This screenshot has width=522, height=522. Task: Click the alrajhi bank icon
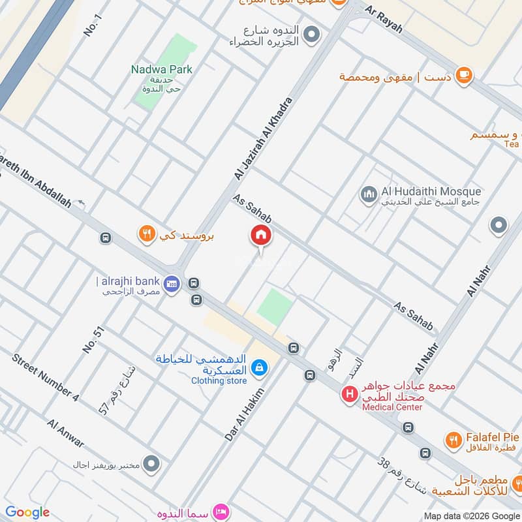coord(172,283)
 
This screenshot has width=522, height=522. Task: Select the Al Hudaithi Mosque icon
coord(369,194)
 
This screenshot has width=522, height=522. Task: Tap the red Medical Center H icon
coord(350,394)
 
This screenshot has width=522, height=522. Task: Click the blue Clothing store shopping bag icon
coord(260,368)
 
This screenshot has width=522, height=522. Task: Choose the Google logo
coord(27,512)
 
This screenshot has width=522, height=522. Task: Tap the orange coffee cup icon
coord(464,76)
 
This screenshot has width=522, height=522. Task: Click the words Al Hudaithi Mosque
coord(431,191)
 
